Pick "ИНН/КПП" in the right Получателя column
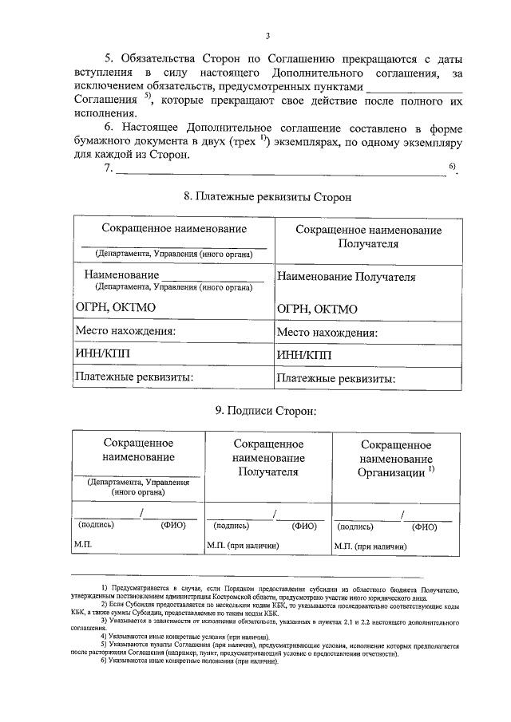coord(304,355)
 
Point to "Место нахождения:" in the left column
coord(125,331)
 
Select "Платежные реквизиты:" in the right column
coord(336,380)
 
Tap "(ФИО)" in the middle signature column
coord(303,527)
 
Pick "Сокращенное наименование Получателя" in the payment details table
coord(368,236)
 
